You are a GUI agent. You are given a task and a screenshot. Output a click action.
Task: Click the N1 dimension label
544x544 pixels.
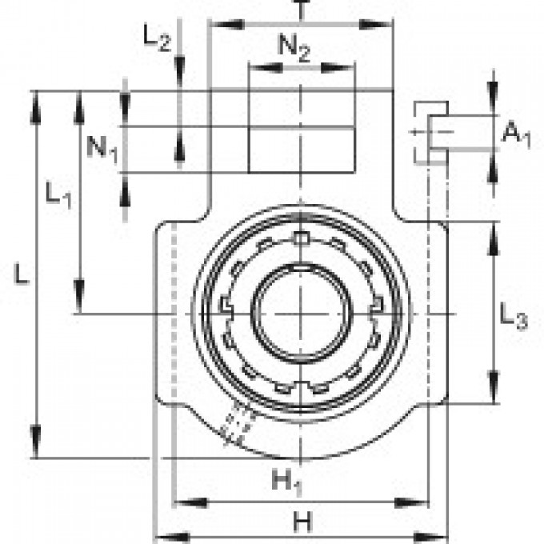pyautogui.click(x=103, y=148)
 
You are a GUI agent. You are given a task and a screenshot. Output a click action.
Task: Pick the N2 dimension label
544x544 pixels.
pyautogui.click(x=294, y=49)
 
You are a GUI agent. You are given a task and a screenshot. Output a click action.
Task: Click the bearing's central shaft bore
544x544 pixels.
pyautogui.click(x=301, y=313)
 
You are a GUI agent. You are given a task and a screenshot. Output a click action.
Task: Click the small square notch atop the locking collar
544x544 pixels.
pyautogui.click(x=301, y=237)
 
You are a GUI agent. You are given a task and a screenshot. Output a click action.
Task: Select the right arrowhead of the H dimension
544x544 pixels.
pyautogui.click(x=438, y=535)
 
